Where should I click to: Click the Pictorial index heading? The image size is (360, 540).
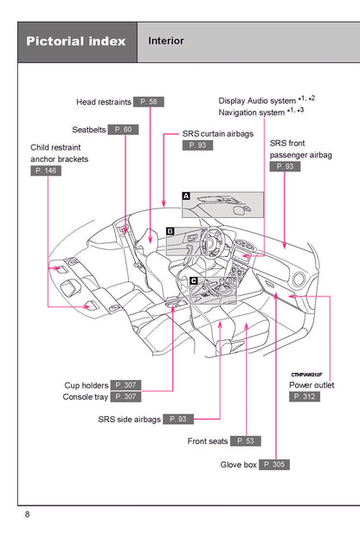76,42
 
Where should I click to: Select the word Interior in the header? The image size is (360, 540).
166,41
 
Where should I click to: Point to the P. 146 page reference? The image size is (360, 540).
46,171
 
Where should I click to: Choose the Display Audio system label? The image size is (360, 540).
257,100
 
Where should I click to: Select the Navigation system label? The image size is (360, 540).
251,112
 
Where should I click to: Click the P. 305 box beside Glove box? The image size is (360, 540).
274,465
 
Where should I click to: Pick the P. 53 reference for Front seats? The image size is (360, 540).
246,441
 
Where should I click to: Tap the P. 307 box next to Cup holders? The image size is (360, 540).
125,385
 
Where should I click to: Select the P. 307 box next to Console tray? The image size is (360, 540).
125,396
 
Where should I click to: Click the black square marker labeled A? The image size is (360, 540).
185,196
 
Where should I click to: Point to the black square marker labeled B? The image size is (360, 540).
170,231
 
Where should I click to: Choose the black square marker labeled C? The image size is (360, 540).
194,280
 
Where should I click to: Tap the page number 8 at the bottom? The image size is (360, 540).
28,515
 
